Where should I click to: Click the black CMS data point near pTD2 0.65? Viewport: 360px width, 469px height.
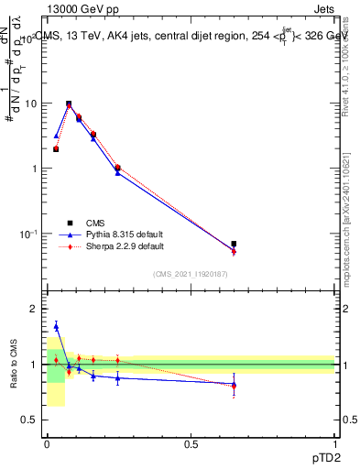[x=234, y=244]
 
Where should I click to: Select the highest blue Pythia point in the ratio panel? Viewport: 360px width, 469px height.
[x=56, y=325]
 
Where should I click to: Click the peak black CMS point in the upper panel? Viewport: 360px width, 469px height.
[x=69, y=104]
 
